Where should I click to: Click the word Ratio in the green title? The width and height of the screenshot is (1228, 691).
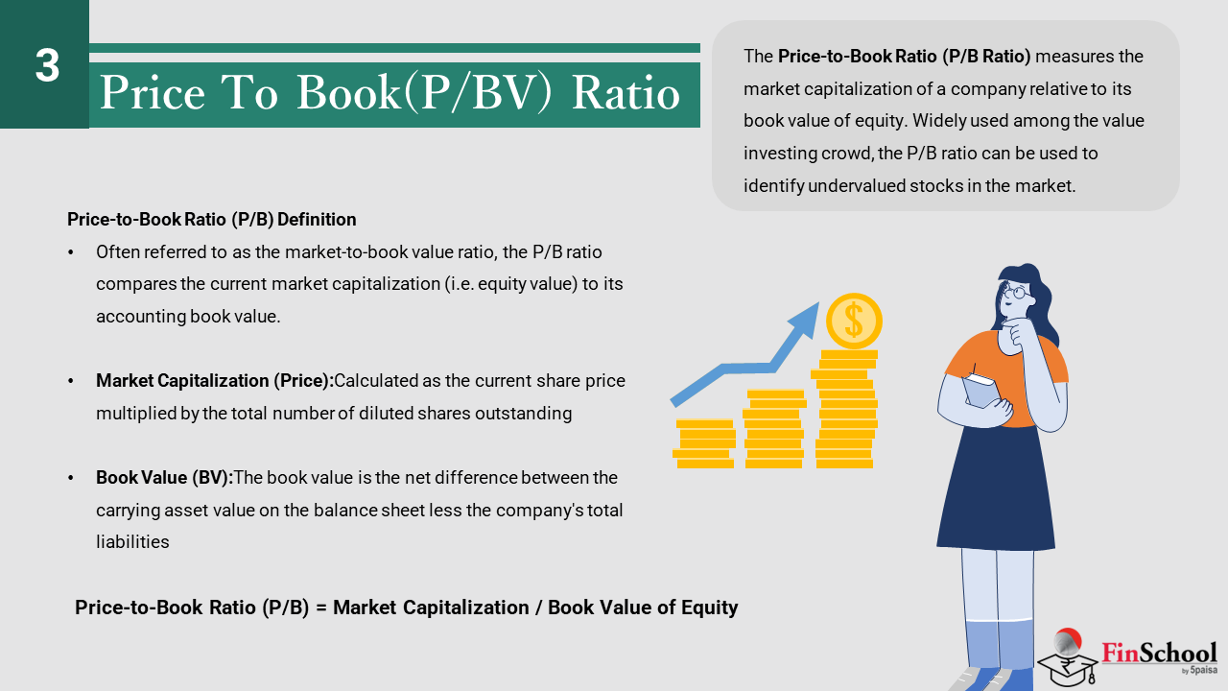click(x=626, y=93)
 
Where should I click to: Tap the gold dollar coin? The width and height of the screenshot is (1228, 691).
click(x=854, y=322)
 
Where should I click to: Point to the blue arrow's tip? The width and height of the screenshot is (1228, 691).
click(x=818, y=303)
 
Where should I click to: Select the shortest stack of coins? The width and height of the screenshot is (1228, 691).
click(x=704, y=443)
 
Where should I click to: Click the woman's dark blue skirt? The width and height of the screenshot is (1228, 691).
click(x=996, y=488)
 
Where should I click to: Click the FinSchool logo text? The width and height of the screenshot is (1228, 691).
click(x=1159, y=654)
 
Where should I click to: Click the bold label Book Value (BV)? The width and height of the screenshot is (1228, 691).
click(x=164, y=478)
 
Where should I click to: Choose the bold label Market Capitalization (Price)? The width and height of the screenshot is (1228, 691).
click(x=215, y=381)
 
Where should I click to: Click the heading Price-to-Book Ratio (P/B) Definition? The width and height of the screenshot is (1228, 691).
click(x=212, y=220)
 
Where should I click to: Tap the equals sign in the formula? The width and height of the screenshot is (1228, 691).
click(x=321, y=608)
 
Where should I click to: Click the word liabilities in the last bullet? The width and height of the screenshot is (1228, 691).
click(x=132, y=542)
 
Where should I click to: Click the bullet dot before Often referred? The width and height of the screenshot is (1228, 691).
click(x=71, y=252)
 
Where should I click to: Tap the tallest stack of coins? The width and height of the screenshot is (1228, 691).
click(x=845, y=409)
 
